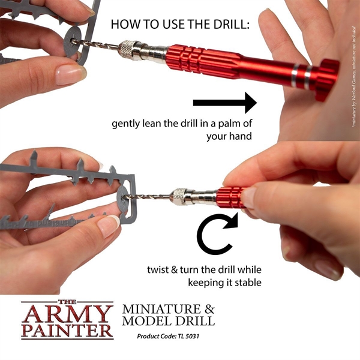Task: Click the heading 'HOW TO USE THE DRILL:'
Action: [x=180, y=25]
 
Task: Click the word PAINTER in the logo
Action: [x=67, y=331]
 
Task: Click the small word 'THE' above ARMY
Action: [x=67, y=300]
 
